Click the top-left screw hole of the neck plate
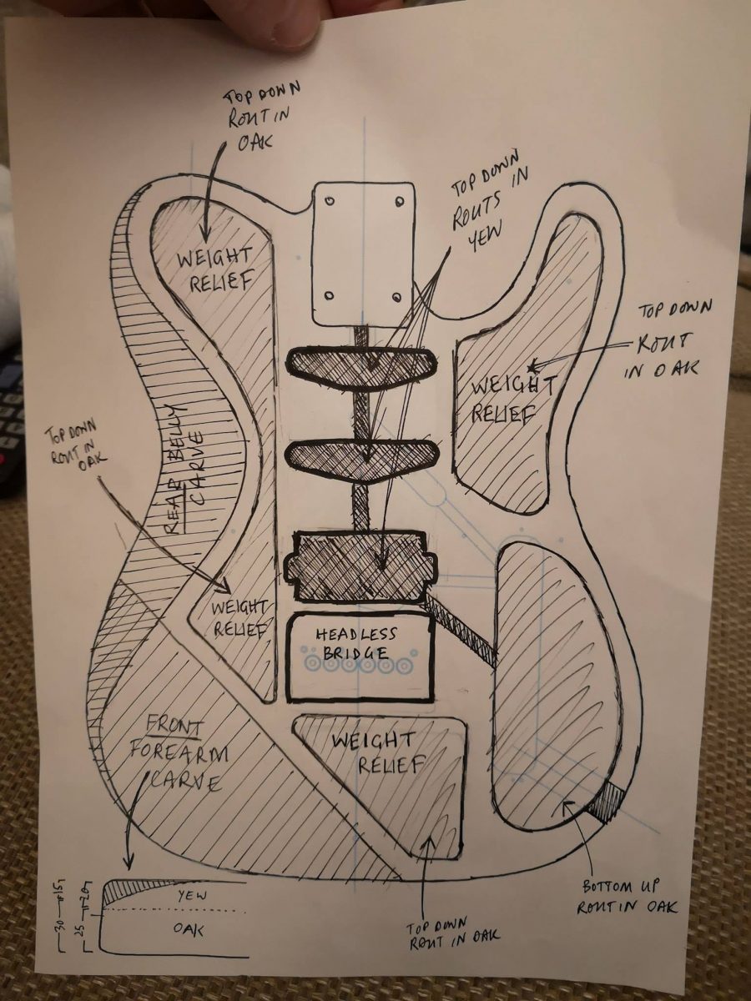click(x=330, y=201)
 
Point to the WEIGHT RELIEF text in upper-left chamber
click(x=214, y=268)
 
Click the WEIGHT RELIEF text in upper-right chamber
click(x=512, y=400)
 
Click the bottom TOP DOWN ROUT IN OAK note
click(x=452, y=935)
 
